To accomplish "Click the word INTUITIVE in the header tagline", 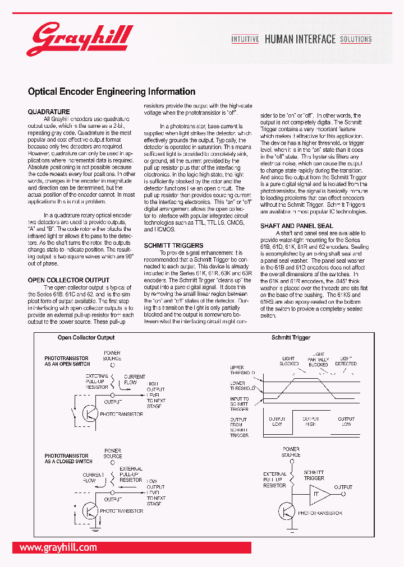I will coord(245,39).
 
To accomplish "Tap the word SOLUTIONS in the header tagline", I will coord(356,39).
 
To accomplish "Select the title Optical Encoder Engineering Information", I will coord(112,91).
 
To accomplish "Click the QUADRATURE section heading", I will coord(49,112).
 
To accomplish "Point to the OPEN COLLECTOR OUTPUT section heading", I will coord(68,280).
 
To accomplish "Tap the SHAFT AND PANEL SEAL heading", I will coord(296,226).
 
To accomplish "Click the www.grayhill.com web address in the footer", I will coord(58,547).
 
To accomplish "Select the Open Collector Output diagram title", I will coord(86,337).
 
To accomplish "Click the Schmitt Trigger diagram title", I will coord(291,337).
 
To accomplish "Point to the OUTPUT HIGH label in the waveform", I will coord(310,421).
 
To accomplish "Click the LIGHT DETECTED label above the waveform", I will coord(346,360).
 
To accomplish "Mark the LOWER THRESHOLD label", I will coord(242,385).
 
